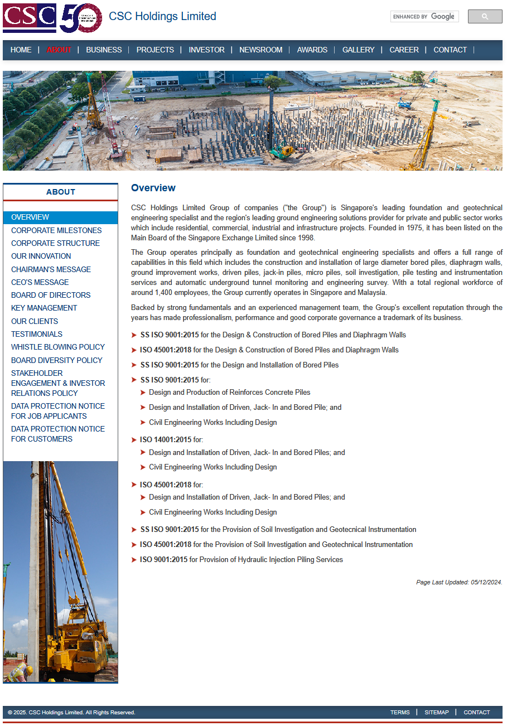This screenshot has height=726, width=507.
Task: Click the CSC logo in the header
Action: pyautogui.click(x=30, y=18)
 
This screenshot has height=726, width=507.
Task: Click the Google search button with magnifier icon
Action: pyautogui.click(x=485, y=17)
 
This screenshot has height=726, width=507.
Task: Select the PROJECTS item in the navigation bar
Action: pyautogui.click(x=155, y=50)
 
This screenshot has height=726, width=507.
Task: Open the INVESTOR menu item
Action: pyautogui.click(x=206, y=50)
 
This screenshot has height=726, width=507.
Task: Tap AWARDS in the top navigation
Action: pyautogui.click(x=312, y=50)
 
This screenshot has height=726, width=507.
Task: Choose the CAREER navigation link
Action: pyautogui.click(x=404, y=50)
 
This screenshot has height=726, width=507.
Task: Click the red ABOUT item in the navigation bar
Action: pyautogui.click(x=59, y=50)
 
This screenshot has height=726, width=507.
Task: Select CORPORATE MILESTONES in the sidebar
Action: pyautogui.click(x=56, y=230)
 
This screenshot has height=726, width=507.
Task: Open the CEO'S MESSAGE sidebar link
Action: pyautogui.click(x=40, y=282)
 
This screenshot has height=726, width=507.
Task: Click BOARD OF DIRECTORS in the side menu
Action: pyautogui.click(x=51, y=295)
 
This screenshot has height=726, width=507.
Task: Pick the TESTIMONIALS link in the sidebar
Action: pyautogui.click(x=37, y=334)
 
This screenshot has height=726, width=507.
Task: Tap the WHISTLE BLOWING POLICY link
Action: pyautogui.click(x=58, y=347)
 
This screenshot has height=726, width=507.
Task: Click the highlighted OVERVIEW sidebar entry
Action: pyautogui.click(x=30, y=217)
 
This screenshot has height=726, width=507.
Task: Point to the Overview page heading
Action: pyautogui.click(x=153, y=188)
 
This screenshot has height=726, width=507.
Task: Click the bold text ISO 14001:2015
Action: pyautogui.click(x=166, y=439)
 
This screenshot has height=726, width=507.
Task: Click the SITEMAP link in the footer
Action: pyautogui.click(x=436, y=712)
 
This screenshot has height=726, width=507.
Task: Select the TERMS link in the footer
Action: pyautogui.click(x=400, y=712)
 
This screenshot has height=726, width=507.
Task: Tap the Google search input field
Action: pyautogui.click(x=424, y=17)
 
